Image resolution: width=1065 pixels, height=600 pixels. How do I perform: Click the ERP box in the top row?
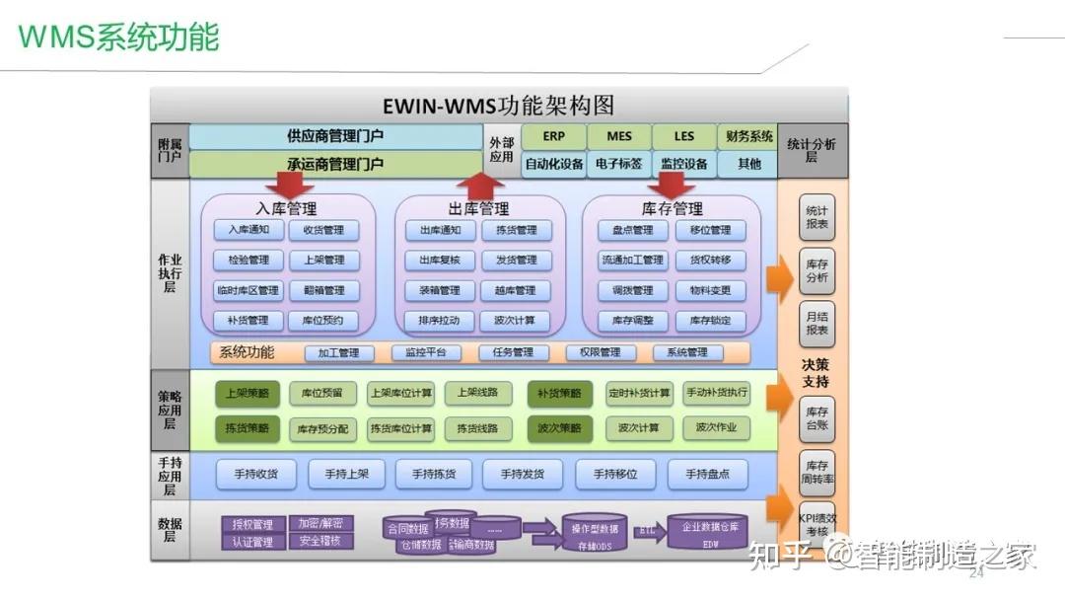point(553,137)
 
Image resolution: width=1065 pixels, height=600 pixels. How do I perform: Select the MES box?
point(619,137)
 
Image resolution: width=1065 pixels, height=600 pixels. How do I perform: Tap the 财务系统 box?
point(748,137)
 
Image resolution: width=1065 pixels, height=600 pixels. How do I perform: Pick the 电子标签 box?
point(619,164)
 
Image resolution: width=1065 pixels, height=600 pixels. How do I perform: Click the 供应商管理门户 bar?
point(335,136)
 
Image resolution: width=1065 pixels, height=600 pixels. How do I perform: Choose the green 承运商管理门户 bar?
point(335,164)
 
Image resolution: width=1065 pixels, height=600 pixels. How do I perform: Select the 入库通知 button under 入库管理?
point(248,230)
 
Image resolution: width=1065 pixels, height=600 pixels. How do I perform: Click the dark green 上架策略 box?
point(248,393)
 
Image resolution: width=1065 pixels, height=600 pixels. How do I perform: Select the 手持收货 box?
point(255,475)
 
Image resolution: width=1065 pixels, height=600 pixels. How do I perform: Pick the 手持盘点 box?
point(707,475)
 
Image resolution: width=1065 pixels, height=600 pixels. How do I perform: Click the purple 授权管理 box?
point(252,524)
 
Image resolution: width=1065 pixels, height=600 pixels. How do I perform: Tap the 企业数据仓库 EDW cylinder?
point(707,533)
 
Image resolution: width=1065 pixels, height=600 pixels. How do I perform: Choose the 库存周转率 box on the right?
point(816,473)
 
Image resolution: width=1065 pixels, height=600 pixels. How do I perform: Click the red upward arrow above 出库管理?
point(480,185)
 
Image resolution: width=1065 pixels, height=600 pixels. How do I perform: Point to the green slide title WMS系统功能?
point(118,37)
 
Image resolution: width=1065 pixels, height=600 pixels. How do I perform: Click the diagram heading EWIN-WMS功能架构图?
point(498,106)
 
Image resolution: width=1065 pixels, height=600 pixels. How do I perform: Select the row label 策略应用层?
point(169,409)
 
